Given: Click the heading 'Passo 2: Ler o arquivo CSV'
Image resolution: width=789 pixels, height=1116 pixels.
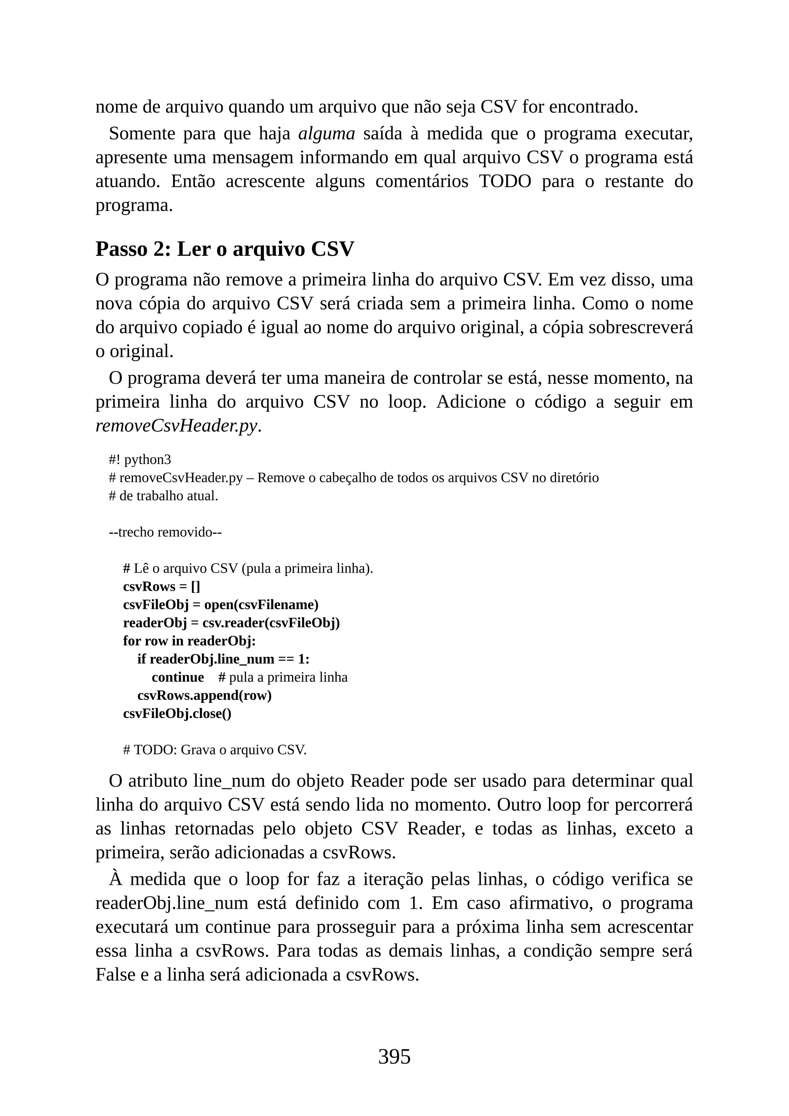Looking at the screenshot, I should pos(225,249).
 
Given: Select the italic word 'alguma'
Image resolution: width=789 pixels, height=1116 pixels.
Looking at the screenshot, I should pos(326,134).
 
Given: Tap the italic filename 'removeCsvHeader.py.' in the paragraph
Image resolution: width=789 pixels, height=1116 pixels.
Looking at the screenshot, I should pos(178,426).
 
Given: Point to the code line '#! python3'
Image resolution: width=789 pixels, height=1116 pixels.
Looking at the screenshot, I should pos(140,460).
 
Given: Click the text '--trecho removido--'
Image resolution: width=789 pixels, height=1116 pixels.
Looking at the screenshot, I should pos(165,532).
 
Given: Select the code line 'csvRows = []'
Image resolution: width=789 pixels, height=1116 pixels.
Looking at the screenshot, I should pos(162,587).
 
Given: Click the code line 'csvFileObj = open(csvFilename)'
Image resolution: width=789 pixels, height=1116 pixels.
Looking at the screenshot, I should pos(221,605).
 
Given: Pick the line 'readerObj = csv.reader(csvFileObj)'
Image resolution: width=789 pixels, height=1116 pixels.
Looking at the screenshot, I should pos(231,623).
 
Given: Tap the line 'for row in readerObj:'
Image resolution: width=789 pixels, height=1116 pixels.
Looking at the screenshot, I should pos(189,641).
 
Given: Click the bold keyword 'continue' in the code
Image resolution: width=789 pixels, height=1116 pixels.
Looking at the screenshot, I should pos(178,677).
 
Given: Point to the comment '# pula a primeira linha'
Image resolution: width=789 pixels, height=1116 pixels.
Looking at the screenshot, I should pos(283,677).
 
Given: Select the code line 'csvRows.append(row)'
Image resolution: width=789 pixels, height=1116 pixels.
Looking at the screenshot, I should pos(205,696).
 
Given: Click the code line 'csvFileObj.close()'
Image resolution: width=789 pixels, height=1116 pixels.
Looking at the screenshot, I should pos(177,714).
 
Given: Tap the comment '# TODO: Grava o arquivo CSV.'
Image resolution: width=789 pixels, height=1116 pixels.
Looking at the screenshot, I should pos(215,750).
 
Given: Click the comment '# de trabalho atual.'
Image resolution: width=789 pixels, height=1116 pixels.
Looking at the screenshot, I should pos(164,496).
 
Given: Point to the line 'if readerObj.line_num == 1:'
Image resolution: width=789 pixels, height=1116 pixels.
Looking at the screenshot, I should pos(223,659).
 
